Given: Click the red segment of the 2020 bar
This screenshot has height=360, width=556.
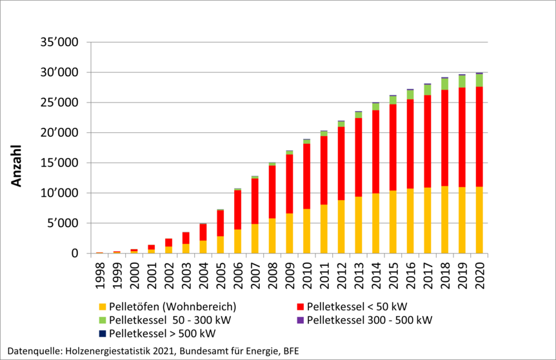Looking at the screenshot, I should click(479, 137).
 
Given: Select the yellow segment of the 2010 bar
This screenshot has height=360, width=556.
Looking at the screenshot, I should click(306, 231).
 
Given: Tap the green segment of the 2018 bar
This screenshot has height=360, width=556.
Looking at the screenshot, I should click(444, 84).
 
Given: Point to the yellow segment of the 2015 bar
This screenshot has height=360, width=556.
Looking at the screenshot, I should click(392, 222).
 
